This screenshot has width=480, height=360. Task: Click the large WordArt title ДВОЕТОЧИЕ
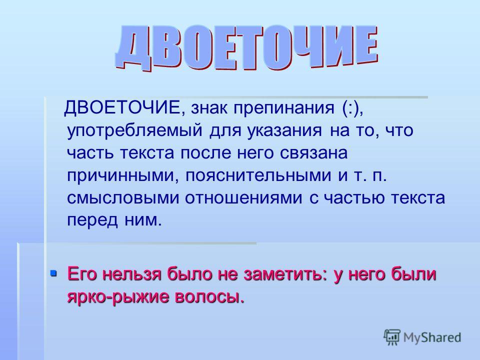pos(246,47)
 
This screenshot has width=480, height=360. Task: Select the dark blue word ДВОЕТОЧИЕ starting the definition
pos(122,107)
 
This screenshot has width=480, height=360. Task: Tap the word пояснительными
pos(258,175)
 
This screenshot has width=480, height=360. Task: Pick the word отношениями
pos(243,198)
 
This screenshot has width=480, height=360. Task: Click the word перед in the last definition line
pos(92,220)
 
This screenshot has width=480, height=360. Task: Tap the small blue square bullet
pos(53,272)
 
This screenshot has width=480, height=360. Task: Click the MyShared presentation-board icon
pos(392,337)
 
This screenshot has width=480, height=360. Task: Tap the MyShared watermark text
pos(432,337)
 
